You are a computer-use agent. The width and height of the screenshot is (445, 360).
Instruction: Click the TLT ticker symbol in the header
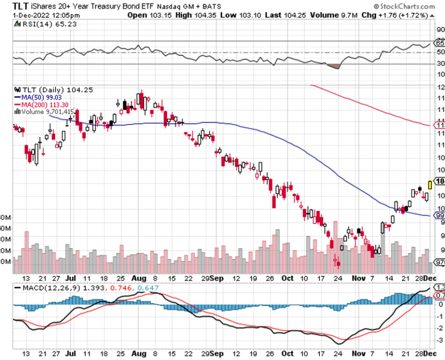click(x=21, y=6)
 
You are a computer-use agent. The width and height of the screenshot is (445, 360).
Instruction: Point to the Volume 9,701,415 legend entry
click(x=45, y=111)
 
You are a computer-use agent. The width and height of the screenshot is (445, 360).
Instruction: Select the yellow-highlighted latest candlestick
click(x=430, y=184)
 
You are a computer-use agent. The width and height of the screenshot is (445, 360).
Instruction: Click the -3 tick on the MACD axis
click(x=439, y=341)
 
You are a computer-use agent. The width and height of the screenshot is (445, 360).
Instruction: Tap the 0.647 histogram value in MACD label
click(x=148, y=289)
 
